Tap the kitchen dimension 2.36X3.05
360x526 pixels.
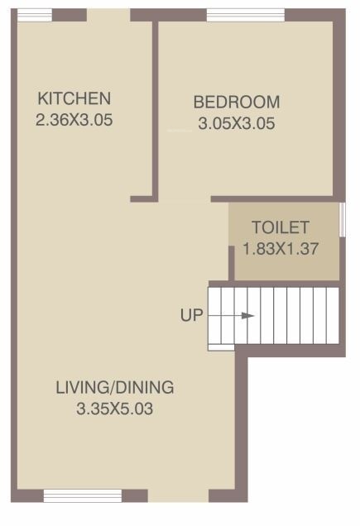point(74,119)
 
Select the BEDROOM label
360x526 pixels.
point(237,103)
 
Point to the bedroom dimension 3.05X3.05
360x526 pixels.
point(237,126)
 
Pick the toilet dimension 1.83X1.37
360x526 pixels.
point(281,248)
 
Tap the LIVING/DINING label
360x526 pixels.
point(115,387)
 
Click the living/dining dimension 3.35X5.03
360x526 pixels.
point(115,409)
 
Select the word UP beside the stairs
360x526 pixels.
point(191,315)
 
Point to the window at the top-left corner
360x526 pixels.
point(35,15)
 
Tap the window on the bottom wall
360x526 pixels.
point(83,495)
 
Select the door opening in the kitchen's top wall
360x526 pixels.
point(108,15)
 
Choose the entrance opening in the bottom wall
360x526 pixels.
point(178,495)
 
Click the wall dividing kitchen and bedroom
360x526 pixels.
point(155,108)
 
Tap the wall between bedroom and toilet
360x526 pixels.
point(277,199)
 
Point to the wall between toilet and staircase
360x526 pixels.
point(286,284)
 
